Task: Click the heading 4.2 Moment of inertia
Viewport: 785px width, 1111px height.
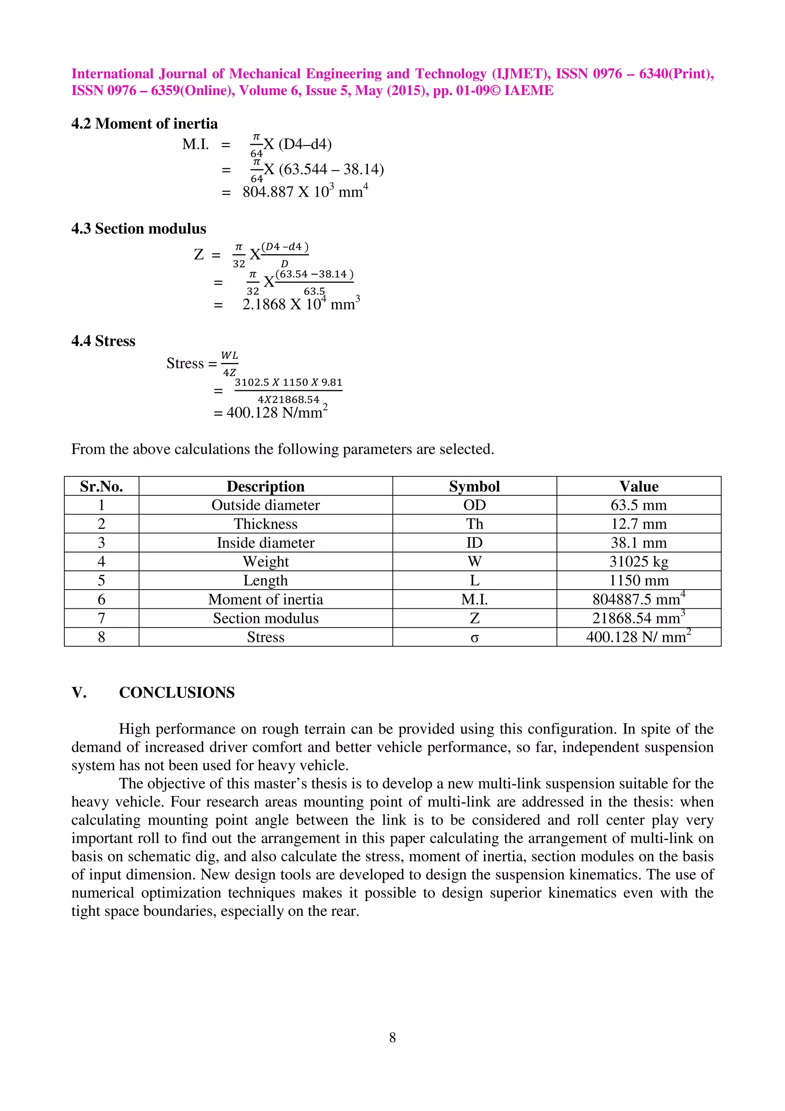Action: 144,124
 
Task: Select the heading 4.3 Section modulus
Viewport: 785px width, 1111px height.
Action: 138,228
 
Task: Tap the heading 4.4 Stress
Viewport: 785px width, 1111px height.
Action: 103,341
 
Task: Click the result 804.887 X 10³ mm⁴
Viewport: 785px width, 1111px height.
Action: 305,192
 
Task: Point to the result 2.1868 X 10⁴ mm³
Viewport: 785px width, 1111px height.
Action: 301,304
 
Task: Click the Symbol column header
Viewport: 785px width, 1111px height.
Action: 474,486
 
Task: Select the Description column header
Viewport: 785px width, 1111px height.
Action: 266,486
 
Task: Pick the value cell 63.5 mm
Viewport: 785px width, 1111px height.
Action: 639,505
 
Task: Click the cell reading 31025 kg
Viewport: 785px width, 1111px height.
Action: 639,562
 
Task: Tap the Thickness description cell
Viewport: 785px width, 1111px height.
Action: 266,524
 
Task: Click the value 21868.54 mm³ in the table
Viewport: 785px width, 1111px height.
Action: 639,618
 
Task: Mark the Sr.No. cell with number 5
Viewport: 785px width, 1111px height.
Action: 102,581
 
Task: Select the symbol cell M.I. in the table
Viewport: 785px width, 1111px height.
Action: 474,600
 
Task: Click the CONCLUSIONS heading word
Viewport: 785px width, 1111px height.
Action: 177,692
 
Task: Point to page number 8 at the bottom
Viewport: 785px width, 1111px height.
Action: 392,1037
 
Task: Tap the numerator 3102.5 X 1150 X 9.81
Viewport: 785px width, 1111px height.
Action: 288,382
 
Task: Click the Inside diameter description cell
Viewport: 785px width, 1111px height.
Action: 266,543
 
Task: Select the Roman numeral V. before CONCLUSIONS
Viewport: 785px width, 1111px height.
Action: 79,692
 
